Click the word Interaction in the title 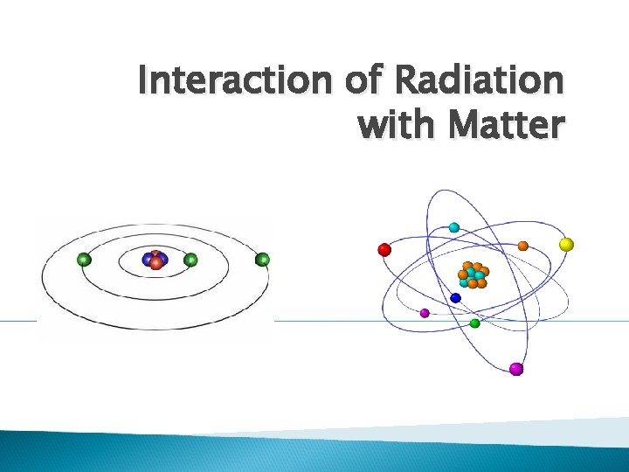tap(231, 82)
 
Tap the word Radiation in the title tap(479, 82)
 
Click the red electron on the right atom tap(384, 250)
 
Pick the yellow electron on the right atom tap(566, 244)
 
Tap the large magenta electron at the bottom tap(516, 369)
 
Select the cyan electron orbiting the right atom tap(454, 227)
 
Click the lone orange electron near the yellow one tap(522, 246)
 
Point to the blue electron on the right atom tap(455, 298)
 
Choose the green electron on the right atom tap(474, 323)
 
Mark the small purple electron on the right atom tap(425, 312)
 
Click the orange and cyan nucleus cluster tap(473, 274)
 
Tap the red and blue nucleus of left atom tap(156, 260)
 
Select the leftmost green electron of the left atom tap(84, 259)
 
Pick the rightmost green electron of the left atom tap(262, 259)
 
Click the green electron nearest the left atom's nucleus tap(191, 260)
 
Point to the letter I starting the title tap(143, 82)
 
